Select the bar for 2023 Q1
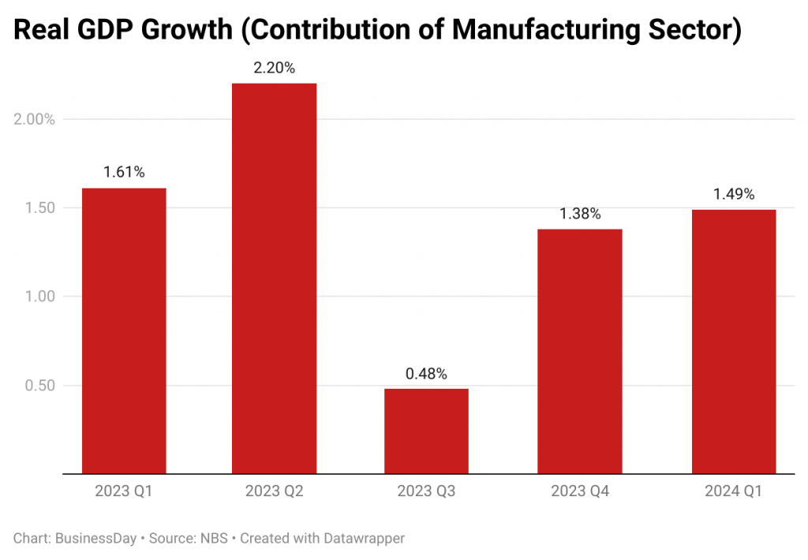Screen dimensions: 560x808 tap(124, 330)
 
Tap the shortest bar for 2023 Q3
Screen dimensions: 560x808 tap(426, 431)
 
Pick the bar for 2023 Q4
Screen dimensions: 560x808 tap(580, 351)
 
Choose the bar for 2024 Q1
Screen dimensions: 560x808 tap(734, 341)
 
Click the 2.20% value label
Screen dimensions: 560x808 tap(274, 69)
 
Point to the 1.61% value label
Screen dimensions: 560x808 tap(124, 173)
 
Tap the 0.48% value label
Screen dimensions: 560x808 tap(426, 373)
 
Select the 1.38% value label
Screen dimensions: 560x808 tap(580, 214)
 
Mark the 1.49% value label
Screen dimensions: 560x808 tap(734, 194)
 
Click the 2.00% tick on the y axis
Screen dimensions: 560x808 tap(35, 119)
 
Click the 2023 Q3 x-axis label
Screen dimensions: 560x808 tap(426, 491)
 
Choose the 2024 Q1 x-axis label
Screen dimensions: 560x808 tap(734, 491)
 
